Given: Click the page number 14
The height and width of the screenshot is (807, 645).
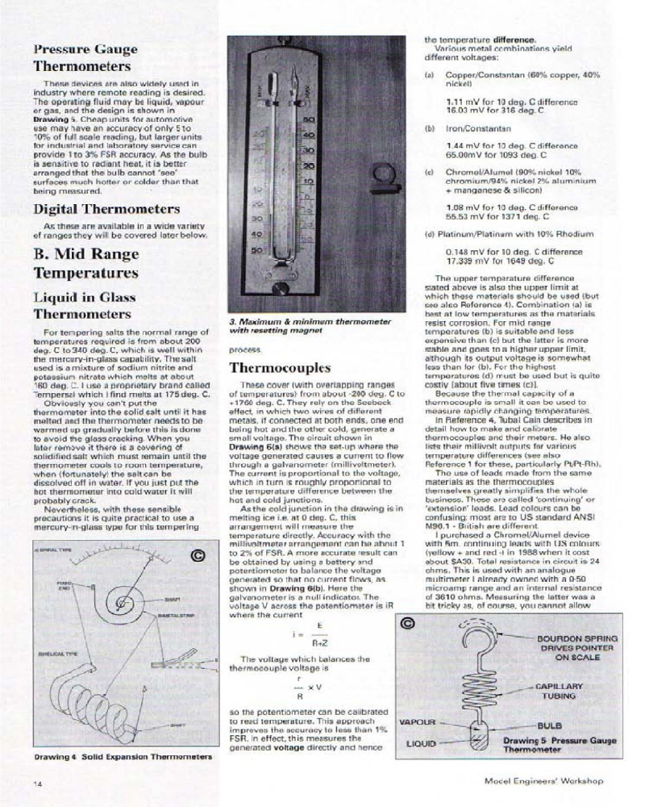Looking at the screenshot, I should (38, 783).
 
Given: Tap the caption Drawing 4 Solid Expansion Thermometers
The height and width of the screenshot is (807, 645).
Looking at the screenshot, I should (123, 757).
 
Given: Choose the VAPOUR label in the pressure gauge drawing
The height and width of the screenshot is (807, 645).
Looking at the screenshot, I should (418, 721).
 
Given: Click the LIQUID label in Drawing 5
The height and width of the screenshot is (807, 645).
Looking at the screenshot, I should (421, 741).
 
